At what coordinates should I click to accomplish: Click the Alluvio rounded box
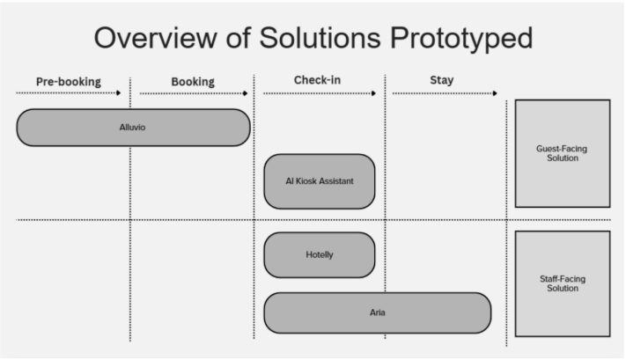(x=133, y=128)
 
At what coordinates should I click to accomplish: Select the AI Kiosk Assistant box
(x=320, y=181)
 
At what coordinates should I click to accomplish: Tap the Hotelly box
(x=320, y=254)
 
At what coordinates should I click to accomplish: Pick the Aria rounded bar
(x=378, y=312)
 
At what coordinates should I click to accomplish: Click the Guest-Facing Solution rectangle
(x=562, y=153)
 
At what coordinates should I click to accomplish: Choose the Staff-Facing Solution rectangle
(x=562, y=283)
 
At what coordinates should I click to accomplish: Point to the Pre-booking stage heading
(x=68, y=82)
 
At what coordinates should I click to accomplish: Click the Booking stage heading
(x=193, y=82)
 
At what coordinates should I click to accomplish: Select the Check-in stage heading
(x=317, y=81)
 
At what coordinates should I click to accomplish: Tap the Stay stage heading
(x=441, y=81)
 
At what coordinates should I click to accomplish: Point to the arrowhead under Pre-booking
(x=118, y=92)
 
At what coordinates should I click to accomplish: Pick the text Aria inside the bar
(x=378, y=312)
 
